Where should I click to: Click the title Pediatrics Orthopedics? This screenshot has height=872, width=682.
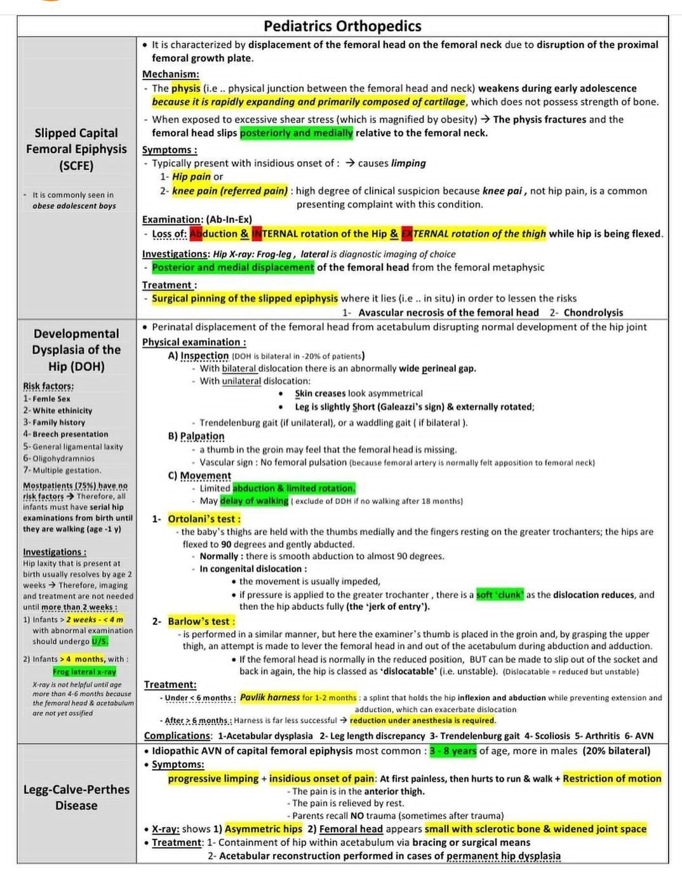tap(342, 26)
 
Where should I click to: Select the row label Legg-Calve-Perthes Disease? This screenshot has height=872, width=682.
tap(76, 797)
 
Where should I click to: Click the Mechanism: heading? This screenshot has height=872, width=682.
tap(170, 74)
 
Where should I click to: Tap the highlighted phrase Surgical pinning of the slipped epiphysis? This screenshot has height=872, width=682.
tap(244, 298)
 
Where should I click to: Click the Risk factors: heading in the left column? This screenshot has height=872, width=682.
tap(48, 386)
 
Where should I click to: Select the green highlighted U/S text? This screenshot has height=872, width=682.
tap(100, 641)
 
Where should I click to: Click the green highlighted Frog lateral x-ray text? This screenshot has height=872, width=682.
tap(84, 671)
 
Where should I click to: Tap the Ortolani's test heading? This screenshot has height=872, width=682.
tap(204, 519)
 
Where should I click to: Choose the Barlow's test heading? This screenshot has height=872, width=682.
tap(201, 621)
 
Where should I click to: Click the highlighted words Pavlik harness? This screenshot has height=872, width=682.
tap(269, 697)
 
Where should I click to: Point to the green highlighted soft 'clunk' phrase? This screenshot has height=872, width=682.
tap(500, 595)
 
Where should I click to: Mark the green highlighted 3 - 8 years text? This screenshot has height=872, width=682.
tap(453, 751)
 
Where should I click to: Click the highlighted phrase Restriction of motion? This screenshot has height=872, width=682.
tap(612, 779)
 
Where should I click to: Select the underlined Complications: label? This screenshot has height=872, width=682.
tap(178, 735)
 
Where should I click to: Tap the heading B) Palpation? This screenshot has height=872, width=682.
tap(196, 436)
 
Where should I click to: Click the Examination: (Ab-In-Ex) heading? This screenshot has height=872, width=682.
tap(197, 220)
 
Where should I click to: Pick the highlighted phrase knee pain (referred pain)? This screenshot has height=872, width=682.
tap(230, 191)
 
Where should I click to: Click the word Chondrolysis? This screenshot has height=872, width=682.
tap(593, 312)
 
